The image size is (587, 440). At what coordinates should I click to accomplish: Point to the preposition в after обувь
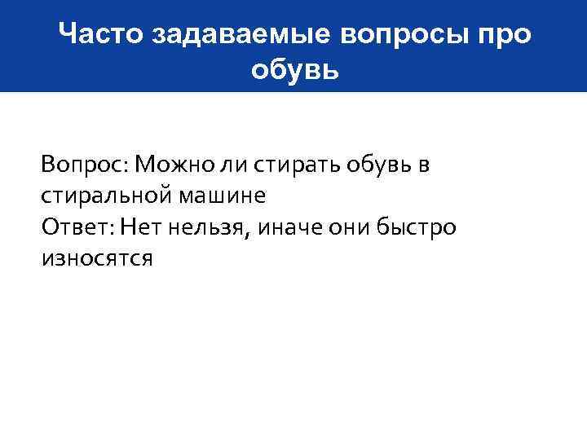(423, 165)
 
